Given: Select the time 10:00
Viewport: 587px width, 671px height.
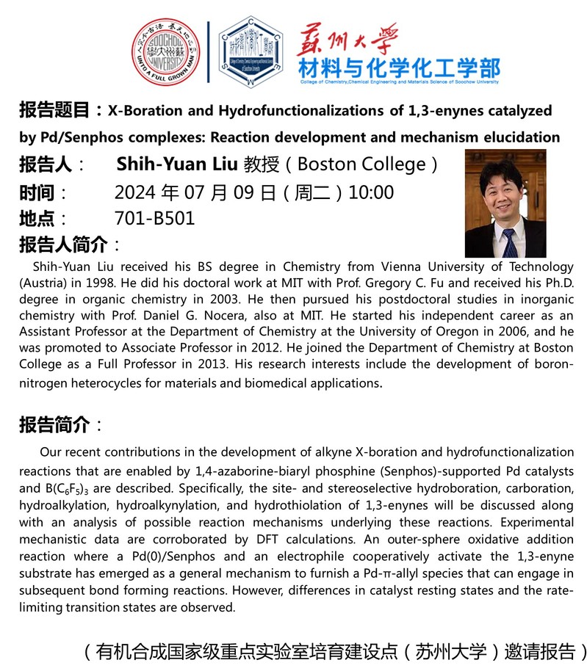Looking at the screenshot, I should (371, 193).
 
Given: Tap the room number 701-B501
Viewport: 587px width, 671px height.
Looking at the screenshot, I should (154, 219).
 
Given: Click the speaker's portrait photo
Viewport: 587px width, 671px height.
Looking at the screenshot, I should (505, 203).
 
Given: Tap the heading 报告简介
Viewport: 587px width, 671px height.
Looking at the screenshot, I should (54, 424).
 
